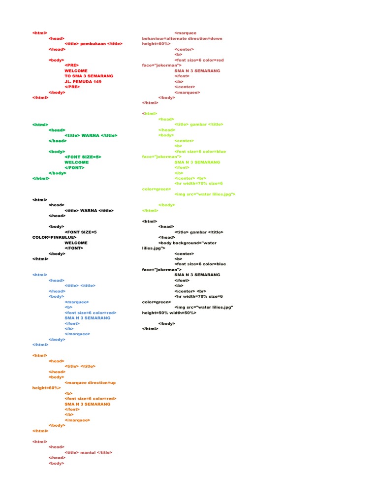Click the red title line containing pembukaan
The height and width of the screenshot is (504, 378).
tap(94, 44)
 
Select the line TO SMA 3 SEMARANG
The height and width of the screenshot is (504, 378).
tap(89, 76)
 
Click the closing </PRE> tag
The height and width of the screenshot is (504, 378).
tap(72, 87)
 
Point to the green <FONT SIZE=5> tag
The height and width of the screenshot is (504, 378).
tap(83, 157)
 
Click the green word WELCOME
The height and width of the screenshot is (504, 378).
tap(76, 162)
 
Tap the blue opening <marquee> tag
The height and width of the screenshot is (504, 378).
tap(77, 301)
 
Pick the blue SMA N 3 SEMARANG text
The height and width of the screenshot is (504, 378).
tap(87, 317)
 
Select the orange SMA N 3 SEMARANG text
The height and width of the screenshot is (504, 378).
tap(87, 404)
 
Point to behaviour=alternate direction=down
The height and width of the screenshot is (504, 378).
tap(182, 38)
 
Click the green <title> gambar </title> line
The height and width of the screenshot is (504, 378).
tap(199, 125)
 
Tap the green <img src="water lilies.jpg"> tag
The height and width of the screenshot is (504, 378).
tap(205, 194)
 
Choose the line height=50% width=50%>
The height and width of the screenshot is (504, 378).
tap(169, 313)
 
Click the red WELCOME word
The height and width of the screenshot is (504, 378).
tap(76, 70)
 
